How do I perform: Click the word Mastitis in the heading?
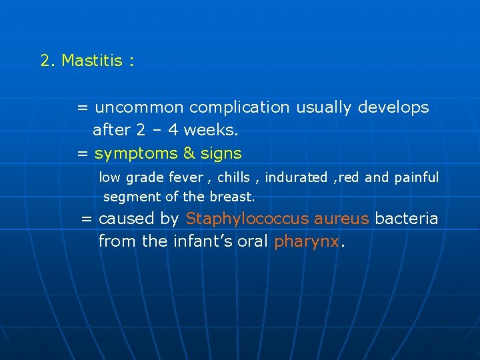92,61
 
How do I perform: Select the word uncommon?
139,107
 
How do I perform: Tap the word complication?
239,107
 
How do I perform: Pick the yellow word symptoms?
136,153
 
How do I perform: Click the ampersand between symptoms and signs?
189,153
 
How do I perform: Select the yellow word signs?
221,153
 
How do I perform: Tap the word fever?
187,177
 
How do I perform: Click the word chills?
233,177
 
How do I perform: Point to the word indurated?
296,177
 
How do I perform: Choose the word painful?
416,177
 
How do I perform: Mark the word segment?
127,197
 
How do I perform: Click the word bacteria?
407,219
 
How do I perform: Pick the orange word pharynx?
306,241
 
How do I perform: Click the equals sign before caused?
87,219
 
